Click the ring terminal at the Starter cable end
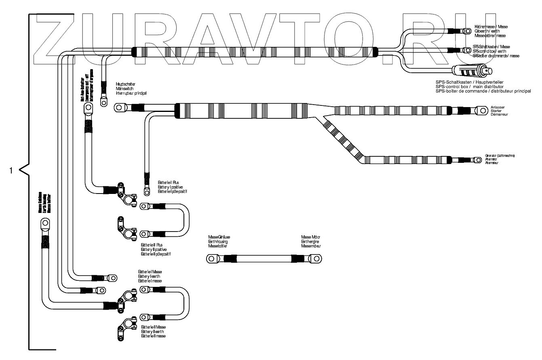coord(481,110)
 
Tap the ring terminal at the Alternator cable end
coord(479,160)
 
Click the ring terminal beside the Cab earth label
coord(467,31)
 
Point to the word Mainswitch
coord(124,88)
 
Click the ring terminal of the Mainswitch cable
coord(119,107)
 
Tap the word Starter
coord(497,111)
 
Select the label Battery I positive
coord(170,187)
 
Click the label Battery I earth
coord(150,276)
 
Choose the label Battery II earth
coord(152,331)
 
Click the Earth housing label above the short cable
coord(218,241)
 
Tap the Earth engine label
coord(310,241)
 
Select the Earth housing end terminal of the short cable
coord(211,259)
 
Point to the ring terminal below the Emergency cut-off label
coord(87,108)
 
